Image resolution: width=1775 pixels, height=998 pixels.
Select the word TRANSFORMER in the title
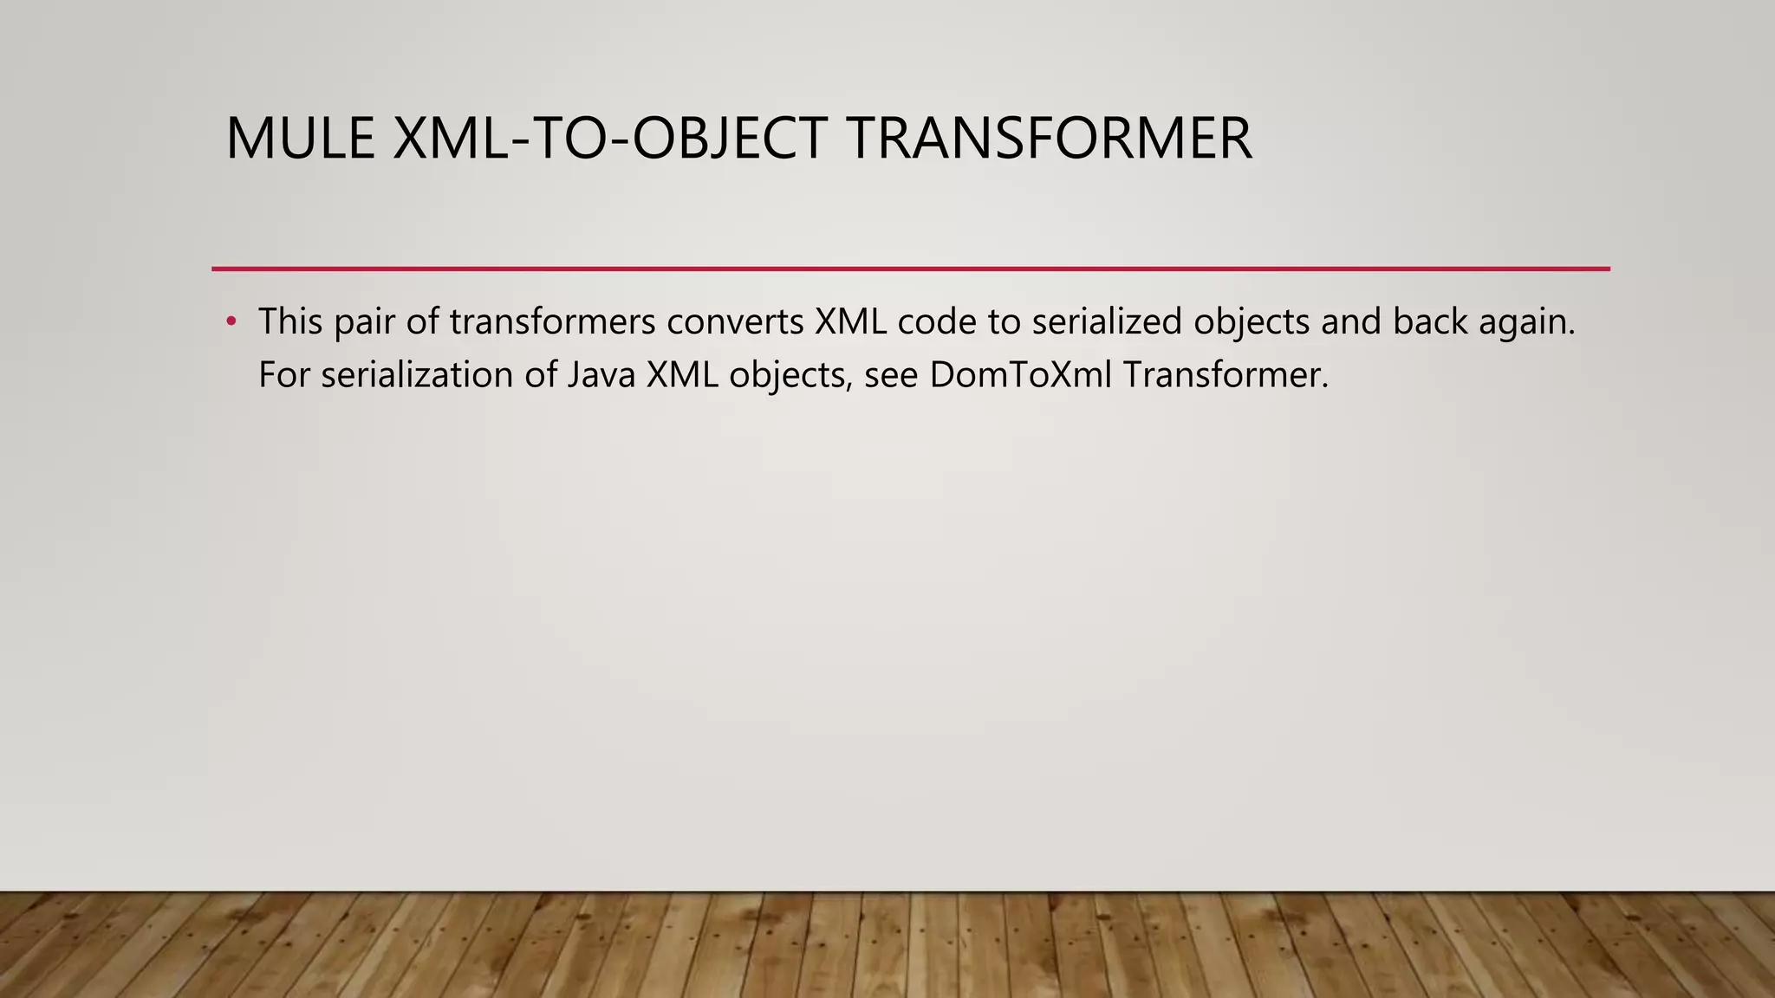click(x=1050, y=139)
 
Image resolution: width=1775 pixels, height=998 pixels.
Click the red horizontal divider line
click(x=910, y=269)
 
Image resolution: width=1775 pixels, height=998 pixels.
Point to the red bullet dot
click(x=231, y=322)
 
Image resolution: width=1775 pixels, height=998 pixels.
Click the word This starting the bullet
click(x=290, y=322)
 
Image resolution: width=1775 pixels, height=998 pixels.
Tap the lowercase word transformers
click(x=552, y=322)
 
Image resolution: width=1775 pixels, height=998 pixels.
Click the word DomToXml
click(x=1020, y=375)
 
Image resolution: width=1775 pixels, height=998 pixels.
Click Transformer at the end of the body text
click(x=1225, y=375)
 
